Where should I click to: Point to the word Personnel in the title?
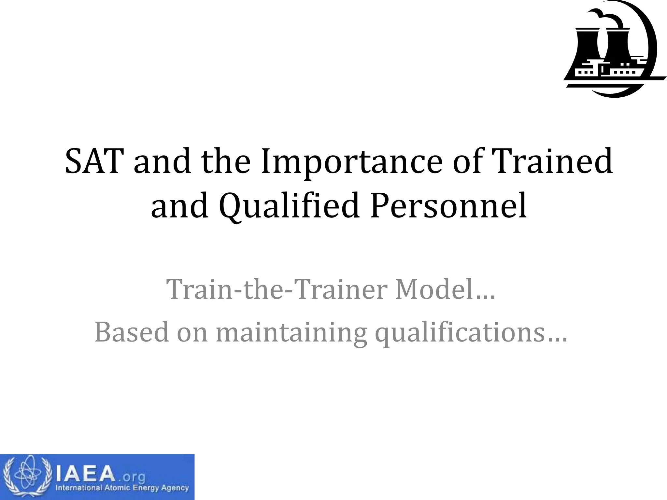pos(448,206)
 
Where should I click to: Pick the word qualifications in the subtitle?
pos(460,333)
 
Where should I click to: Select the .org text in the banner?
pos(132,477)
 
